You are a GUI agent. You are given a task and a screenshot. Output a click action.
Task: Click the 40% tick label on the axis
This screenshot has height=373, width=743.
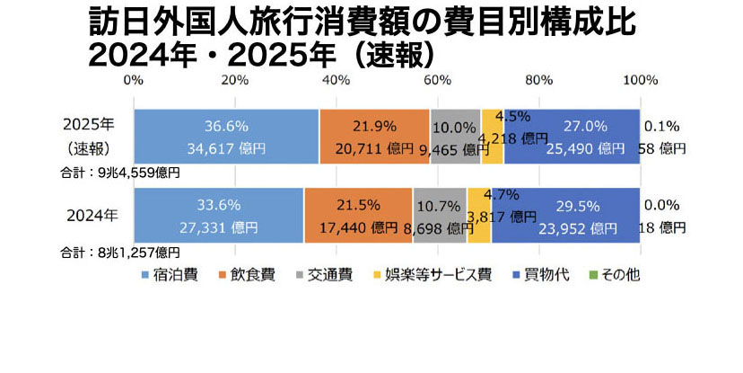(x=336, y=80)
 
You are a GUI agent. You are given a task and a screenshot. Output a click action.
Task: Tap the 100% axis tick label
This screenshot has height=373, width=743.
(x=640, y=80)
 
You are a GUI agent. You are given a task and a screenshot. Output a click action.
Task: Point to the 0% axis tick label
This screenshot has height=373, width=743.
(x=133, y=80)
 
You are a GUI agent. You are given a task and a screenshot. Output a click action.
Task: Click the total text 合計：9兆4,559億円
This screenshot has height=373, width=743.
(x=120, y=171)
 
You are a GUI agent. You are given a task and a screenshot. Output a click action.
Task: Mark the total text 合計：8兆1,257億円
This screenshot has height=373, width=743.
(x=120, y=253)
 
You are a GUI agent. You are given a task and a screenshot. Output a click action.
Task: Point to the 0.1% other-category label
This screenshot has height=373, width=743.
(x=661, y=126)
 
